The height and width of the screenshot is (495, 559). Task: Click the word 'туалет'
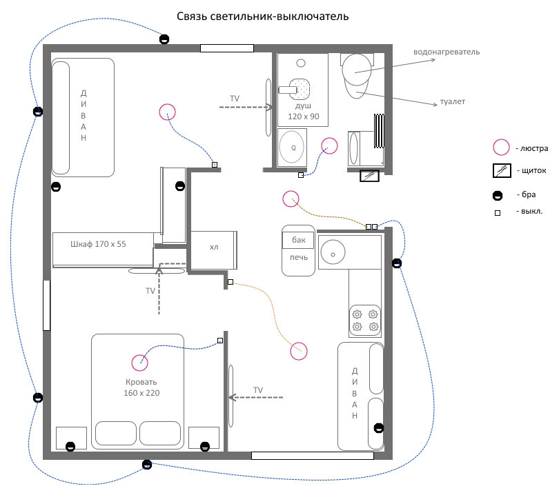452,101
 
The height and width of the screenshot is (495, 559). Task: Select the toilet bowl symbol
357,76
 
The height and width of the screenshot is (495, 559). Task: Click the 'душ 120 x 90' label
303,112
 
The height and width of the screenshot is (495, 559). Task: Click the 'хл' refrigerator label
213,247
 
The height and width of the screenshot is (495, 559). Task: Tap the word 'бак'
298,241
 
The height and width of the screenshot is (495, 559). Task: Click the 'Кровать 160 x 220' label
141,387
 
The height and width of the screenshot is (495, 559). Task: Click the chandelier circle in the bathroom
330,145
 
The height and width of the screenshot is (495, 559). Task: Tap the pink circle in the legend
502,147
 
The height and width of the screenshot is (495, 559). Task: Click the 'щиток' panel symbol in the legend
502,170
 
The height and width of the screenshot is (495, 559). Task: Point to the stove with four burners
365,319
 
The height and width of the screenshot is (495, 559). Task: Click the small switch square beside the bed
220,341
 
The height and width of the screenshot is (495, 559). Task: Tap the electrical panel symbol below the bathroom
370,176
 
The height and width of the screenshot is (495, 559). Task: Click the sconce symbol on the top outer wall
164,39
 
